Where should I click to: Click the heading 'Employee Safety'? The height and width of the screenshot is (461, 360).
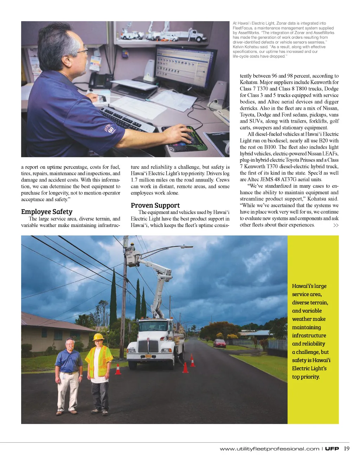coord(47,212)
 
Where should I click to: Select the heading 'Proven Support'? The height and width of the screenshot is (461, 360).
coord(155,206)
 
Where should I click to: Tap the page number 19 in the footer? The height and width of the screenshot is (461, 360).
coord(347,448)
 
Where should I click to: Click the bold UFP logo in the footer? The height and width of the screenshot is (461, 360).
coord(332,449)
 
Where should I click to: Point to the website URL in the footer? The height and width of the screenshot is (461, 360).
coord(269,449)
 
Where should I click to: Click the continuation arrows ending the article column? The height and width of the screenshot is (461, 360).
coord(336,225)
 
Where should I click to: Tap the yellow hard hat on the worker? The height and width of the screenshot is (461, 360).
coord(98,337)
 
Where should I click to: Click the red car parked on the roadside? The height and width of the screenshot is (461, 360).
coord(220,343)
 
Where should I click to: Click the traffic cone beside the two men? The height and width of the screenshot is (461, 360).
coord(118,369)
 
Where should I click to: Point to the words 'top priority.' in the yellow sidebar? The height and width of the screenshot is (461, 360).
coord(306,377)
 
